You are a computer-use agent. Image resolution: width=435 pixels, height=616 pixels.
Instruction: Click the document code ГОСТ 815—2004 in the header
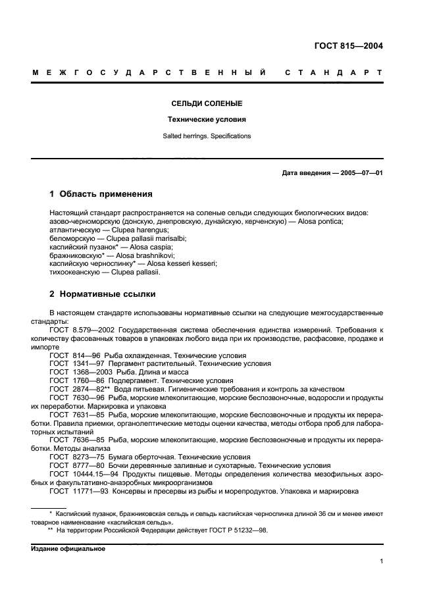[x=347, y=46]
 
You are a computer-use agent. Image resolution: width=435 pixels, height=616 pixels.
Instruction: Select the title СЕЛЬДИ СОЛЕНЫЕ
[x=207, y=104]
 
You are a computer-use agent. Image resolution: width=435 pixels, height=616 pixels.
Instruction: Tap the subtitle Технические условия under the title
[x=207, y=120]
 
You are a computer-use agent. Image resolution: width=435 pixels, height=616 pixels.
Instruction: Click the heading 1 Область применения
[x=101, y=194]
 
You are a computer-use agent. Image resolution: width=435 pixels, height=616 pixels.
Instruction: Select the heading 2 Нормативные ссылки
[x=103, y=294]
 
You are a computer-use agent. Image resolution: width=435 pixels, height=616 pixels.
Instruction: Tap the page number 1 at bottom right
[x=381, y=561]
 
